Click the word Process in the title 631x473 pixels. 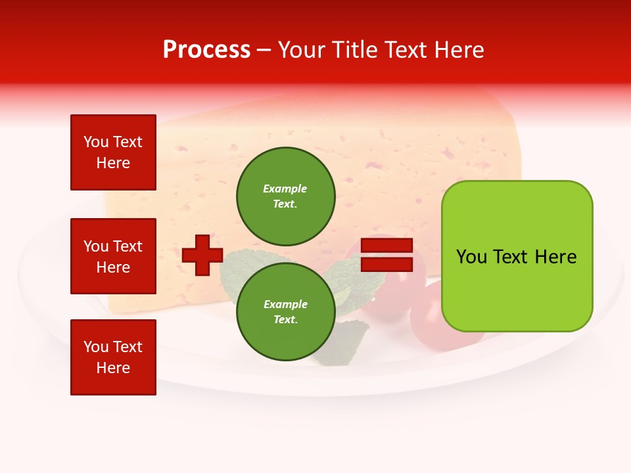[x=206, y=50]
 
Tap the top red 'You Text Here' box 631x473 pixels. [x=113, y=152]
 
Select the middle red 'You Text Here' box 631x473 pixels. [x=113, y=256]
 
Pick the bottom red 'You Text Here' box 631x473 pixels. [x=113, y=357]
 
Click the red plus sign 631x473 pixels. [x=202, y=255]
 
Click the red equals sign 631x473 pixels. [x=386, y=255]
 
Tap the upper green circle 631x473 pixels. [x=285, y=196]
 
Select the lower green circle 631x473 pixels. [x=285, y=311]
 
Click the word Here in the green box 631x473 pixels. [x=555, y=257]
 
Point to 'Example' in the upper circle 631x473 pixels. [x=285, y=189]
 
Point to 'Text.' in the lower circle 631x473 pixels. [x=285, y=319]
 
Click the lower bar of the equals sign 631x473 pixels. [x=386, y=264]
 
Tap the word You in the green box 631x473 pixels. [x=471, y=257]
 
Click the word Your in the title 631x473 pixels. [x=302, y=50]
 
